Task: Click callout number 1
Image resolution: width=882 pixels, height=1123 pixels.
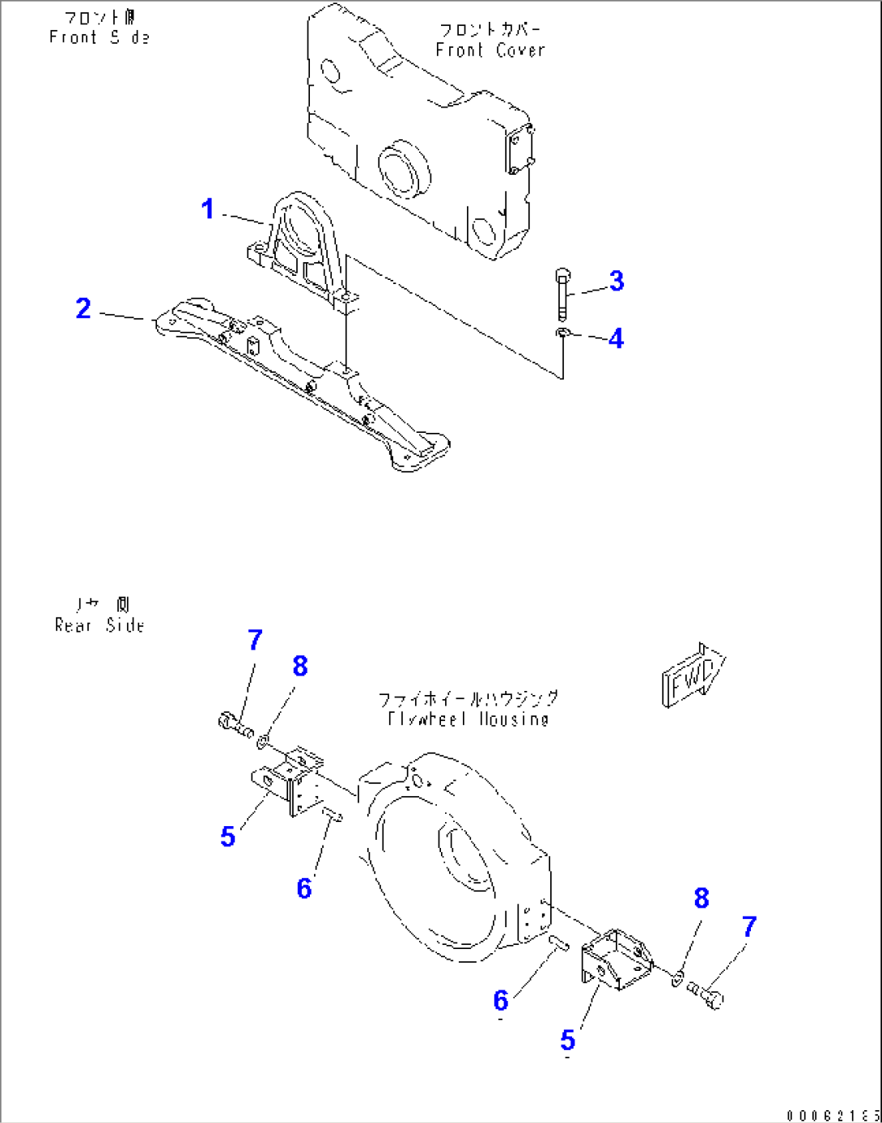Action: click(207, 210)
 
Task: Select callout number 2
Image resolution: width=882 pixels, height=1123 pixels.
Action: click(83, 308)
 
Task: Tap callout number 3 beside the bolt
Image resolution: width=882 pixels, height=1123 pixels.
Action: click(617, 281)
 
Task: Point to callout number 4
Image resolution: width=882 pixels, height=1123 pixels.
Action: click(616, 338)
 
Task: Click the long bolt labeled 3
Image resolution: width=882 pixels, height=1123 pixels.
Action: click(563, 295)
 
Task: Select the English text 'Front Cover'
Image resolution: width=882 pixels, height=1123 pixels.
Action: click(490, 50)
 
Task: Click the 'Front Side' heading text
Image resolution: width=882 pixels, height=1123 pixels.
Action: click(99, 37)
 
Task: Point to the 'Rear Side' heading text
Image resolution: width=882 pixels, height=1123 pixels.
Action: click(100, 625)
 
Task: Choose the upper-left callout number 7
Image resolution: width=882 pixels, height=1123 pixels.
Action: click(255, 640)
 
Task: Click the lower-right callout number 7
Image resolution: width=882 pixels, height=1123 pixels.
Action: click(748, 926)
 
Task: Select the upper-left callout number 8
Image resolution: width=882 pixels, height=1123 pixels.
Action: click(300, 666)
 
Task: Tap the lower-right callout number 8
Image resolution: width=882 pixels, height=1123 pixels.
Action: click(701, 898)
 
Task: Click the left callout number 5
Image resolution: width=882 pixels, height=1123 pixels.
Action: click(228, 837)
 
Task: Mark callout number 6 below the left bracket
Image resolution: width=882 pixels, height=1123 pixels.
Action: click(304, 888)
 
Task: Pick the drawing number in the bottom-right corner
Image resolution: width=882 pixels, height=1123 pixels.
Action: click(833, 1116)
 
